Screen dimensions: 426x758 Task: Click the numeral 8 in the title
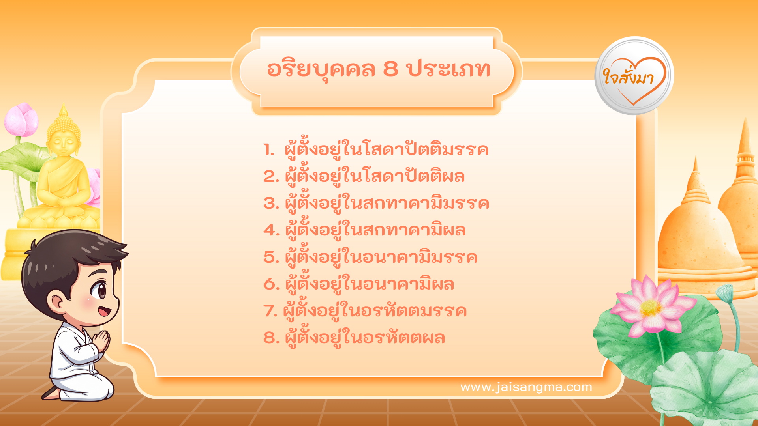390,69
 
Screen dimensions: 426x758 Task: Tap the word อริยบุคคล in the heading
321,69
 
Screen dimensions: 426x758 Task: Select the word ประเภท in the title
448,69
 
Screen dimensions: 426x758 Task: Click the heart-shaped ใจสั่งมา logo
634,76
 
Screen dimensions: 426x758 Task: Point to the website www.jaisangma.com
526,387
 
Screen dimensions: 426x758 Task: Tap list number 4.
271,230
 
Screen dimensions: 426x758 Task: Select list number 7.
270,311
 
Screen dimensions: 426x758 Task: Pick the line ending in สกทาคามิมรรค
387,203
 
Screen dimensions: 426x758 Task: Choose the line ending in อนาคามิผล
370,284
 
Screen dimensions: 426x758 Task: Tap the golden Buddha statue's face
63,141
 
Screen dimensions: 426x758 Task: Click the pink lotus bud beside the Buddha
21,119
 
